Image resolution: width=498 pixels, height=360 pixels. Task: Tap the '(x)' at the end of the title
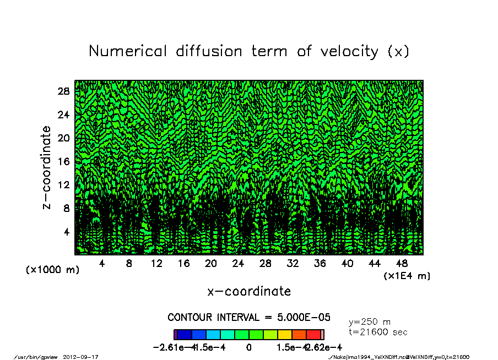point(398,51)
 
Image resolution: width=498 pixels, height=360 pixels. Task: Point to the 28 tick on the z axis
point(63,91)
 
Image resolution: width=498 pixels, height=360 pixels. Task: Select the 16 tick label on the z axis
point(63,161)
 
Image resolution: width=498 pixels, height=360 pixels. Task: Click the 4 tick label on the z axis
point(66,232)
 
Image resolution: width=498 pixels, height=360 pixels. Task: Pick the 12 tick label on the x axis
point(156,264)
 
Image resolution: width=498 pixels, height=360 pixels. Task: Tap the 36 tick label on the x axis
point(320,264)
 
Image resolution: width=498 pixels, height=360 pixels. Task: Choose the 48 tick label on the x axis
point(402,264)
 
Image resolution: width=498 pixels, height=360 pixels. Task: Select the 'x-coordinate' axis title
point(249,291)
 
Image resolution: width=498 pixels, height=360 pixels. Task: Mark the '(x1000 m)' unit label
point(48,270)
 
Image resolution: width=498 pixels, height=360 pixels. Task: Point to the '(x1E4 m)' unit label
point(407,275)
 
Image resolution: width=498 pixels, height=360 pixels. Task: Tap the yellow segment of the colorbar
point(285,334)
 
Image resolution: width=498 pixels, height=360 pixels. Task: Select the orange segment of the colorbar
point(299,334)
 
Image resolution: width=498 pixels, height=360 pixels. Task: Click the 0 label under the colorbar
point(249,347)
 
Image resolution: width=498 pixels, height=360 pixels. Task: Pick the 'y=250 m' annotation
point(370,322)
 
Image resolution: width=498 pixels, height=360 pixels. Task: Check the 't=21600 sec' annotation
point(378,332)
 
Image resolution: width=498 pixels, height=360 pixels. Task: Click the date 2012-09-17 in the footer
point(85,357)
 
